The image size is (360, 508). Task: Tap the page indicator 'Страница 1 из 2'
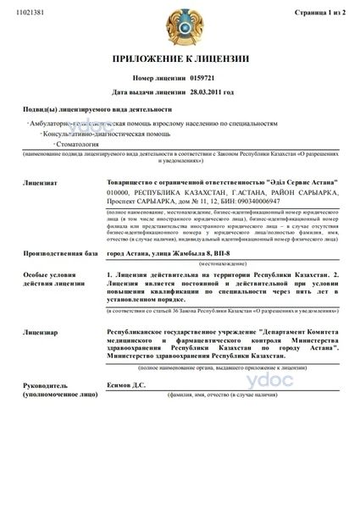[325, 14]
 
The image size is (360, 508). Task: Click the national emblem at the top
[180, 23]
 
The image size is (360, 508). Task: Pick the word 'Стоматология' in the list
[67, 145]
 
